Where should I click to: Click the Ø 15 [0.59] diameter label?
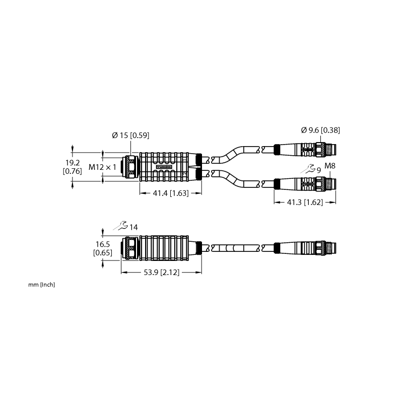(130, 135)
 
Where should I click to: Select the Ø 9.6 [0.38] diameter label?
(320, 130)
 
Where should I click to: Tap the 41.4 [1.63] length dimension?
(171, 193)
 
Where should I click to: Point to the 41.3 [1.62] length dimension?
(305, 203)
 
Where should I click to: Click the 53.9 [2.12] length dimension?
(161, 272)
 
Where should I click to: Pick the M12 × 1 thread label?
(102, 167)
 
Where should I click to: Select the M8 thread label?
(330, 166)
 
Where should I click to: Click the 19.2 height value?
(73, 163)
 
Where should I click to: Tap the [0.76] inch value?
(73, 171)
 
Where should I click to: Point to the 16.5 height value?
(103, 244)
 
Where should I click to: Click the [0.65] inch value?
(103, 253)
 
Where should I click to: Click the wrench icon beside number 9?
(308, 169)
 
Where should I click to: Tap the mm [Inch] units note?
(42, 285)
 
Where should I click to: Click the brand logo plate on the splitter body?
(164, 167)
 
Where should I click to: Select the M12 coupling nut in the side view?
(130, 248)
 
